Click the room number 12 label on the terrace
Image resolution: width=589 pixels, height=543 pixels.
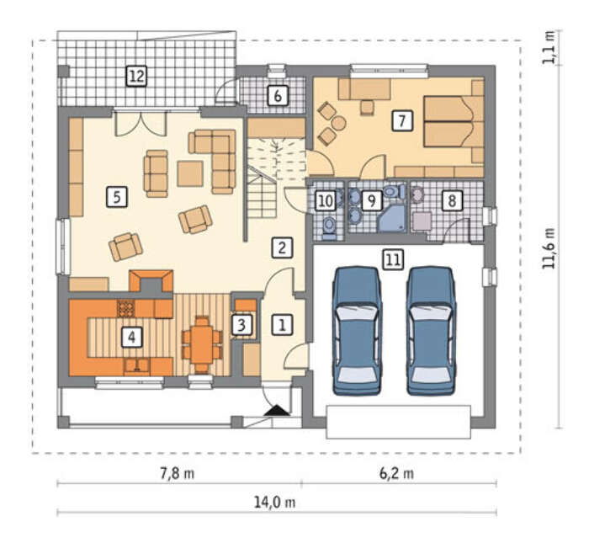coord(136,77)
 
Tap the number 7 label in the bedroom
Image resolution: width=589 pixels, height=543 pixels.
coord(402,120)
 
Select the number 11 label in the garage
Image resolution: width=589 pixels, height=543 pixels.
coord(393,259)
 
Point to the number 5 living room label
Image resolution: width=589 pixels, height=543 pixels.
coord(117,197)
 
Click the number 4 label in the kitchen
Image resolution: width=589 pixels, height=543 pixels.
coord(132,337)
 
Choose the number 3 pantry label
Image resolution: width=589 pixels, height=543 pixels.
coord(241,325)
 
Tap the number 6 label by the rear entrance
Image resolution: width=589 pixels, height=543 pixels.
coord(278,96)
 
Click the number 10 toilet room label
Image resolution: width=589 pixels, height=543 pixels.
coord(326,200)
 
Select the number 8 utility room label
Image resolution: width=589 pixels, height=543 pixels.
coord(452,200)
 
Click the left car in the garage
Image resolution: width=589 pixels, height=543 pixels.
coord(357,331)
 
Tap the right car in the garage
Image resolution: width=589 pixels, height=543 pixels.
coord(431,331)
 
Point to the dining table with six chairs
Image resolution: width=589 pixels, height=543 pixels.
coord(202,344)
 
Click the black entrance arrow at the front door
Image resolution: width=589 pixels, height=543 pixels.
coord(277,410)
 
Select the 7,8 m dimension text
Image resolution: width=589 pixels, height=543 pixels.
coord(178,473)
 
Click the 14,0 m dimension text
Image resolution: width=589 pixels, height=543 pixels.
coord(274,503)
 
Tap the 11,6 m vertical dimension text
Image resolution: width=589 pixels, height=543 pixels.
coord(549,248)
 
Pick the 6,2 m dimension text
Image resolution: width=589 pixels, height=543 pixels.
coord(396,473)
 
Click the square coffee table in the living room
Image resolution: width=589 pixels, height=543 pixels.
coord(190,173)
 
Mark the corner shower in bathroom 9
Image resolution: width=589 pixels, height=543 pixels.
coord(392,219)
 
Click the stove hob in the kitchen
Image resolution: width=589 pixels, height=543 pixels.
coord(126,309)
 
